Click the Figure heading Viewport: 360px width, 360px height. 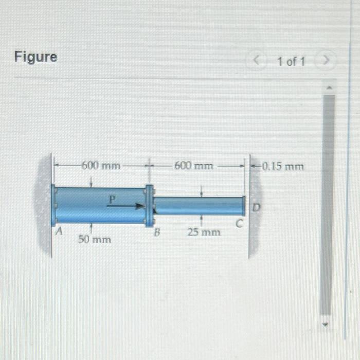click(x=35, y=57)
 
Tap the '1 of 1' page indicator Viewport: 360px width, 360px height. click(x=291, y=62)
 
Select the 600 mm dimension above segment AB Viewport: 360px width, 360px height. click(x=101, y=166)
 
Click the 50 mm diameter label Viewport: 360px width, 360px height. click(x=94, y=239)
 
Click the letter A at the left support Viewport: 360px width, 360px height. click(x=59, y=232)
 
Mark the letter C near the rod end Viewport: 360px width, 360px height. click(x=238, y=224)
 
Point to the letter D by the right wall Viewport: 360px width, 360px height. click(x=256, y=207)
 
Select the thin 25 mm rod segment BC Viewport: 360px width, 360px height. click(x=198, y=206)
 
